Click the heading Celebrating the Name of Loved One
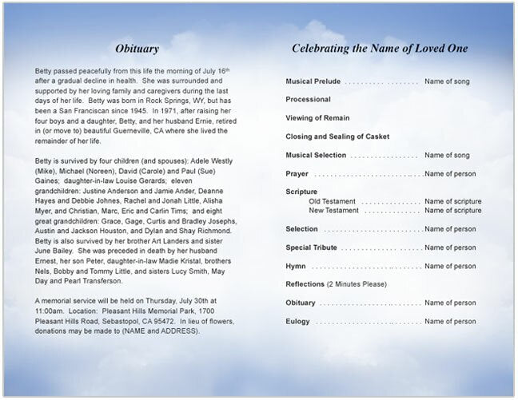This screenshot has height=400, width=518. tap(380, 48)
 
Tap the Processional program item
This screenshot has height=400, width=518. tap(308, 100)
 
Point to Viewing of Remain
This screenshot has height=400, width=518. tap(317, 118)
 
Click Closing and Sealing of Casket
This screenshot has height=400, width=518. tap(336, 137)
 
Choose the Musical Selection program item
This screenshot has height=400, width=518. tap(316, 155)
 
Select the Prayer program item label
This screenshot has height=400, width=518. tap(297, 173)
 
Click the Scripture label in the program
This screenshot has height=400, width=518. tap(301, 192)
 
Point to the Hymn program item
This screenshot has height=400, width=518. tap(296, 266)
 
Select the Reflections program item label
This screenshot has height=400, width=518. tap(305, 284)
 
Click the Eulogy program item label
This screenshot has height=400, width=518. tap(297, 321)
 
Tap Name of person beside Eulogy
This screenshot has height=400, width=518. tap(450, 321)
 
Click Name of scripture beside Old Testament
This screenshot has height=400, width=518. tap(452, 201)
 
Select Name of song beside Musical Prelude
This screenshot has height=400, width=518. tap(447, 81)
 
